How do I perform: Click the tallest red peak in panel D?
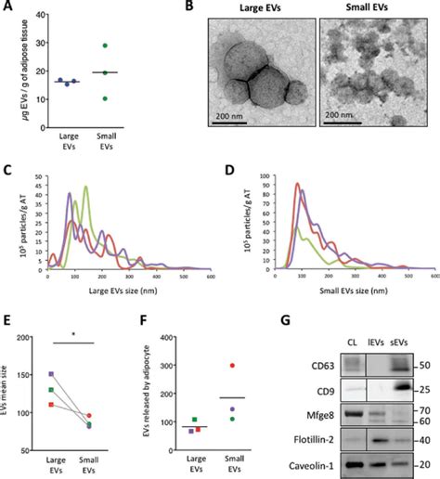tap(299, 184)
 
